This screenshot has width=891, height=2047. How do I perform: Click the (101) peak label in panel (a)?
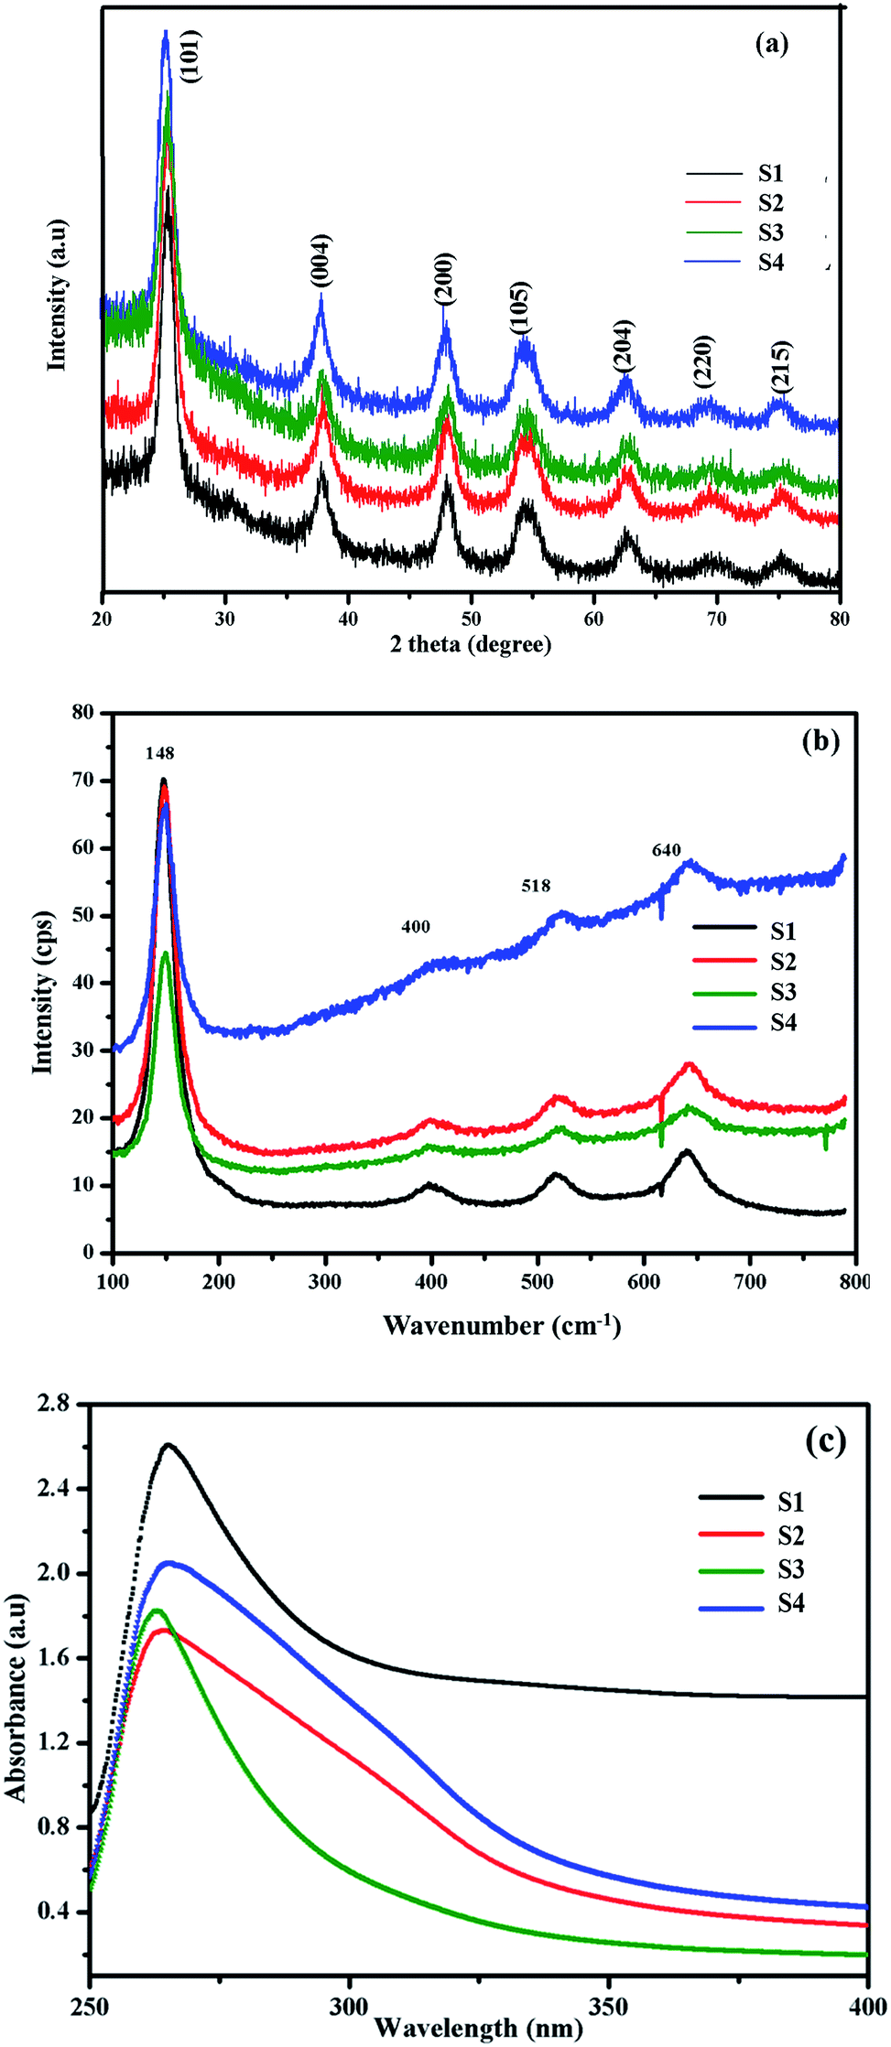pyautogui.click(x=190, y=57)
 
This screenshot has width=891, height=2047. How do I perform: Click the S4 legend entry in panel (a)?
pyautogui.click(x=771, y=264)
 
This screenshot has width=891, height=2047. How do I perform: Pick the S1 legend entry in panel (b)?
pyautogui.click(x=783, y=932)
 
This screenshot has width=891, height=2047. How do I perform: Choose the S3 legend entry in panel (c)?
pyautogui.click(x=791, y=1569)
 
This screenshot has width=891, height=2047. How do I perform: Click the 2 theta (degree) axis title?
pyautogui.click(x=471, y=645)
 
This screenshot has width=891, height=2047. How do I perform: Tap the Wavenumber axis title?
pyautogui.click(x=502, y=1325)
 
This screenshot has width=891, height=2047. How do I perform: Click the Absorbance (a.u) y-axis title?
pyautogui.click(x=17, y=1697)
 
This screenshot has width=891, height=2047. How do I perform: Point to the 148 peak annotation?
pyautogui.click(x=159, y=753)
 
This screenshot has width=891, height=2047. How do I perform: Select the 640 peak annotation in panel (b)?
pyautogui.click(x=667, y=850)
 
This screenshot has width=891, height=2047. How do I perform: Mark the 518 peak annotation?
pyautogui.click(x=536, y=886)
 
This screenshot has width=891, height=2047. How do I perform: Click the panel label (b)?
pyautogui.click(x=820, y=740)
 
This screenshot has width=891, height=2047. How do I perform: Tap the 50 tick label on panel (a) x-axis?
pyautogui.click(x=471, y=619)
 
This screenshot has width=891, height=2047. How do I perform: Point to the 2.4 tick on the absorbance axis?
pyautogui.click(x=58, y=1489)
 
